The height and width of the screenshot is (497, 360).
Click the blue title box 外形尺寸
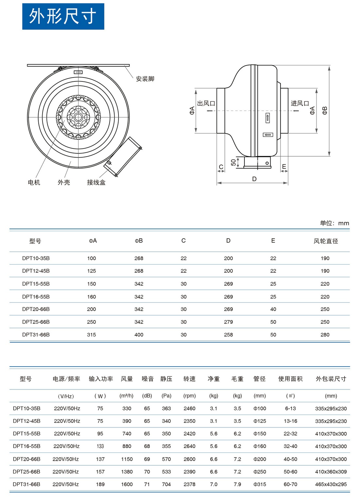pyautogui.click(x=63, y=16)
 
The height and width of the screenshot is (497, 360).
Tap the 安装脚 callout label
pyautogui.click(x=145, y=79)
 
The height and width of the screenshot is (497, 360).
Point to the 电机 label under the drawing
pyautogui.click(x=34, y=182)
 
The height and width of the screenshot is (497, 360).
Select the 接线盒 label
pyautogui.click(x=96, y=182)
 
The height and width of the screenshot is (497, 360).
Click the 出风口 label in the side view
pyautogui.click(x=206, y=103)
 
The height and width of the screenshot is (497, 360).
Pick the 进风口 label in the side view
pyautogui.click(x=300, y=103)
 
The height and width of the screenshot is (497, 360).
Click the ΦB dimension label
pyautogui.click(x=325, y=111)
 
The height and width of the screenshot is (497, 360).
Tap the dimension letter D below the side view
pyautogui.click(x=254, y=179)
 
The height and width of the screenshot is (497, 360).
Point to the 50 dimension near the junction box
pyautogui.click(x=233, y=163)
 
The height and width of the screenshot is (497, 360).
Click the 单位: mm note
pyautogui.click(x=334, y=223)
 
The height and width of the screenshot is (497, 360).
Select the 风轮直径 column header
pyautogui.click(x=326, y=241)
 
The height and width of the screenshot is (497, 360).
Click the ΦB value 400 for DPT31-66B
pyautogui.click(x=139, y=334)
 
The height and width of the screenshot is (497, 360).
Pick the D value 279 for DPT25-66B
pyautogui.click(x=228, y=322)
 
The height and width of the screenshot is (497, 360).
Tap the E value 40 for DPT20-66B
pyautogui.click(x=273, y=309)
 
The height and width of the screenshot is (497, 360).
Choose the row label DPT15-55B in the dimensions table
pyautogui.click(x=36, y=284)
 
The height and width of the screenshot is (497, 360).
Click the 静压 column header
pyautogui.click(x=166, y=379)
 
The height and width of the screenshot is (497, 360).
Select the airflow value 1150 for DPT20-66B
pyautogui.click(x=127, y=459)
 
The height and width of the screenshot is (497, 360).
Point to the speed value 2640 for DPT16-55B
pyautogui.click(x=189, y=446)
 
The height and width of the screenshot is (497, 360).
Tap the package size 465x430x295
pyautogui.click(x=331, y=484)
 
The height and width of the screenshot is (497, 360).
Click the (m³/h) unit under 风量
pyautogui.click(x=126, y=396)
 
